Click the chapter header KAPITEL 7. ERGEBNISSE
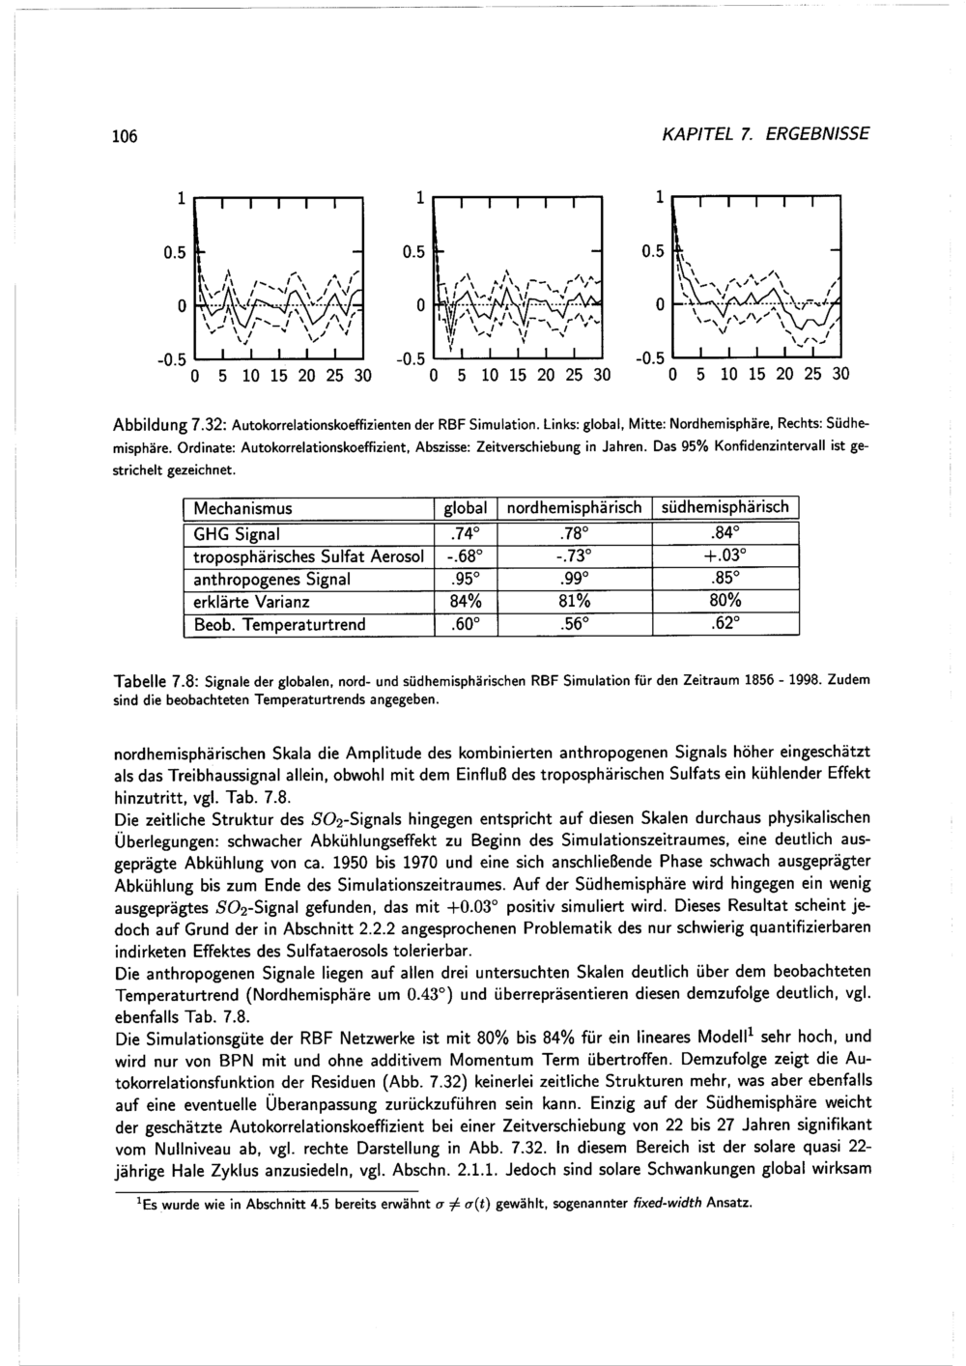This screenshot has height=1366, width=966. coord(786,133)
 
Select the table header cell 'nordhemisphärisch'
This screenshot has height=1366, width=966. coord(574,507)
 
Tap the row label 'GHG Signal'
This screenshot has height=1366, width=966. coord(238,534)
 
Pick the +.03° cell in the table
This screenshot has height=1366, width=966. coord(726,556)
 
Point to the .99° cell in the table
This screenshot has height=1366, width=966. coord(574,579)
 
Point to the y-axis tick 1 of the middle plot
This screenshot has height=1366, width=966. coord(420,198)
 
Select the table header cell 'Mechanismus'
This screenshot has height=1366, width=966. coord(243,507)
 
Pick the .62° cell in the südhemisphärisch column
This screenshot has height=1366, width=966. coord(726,624)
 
